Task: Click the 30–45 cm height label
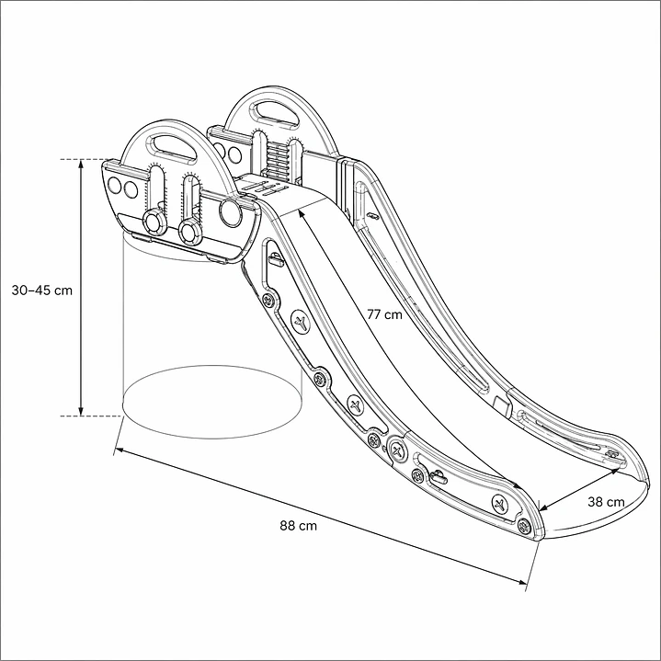click(41, 291)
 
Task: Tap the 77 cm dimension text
click(384, 314)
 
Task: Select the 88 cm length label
click(299, 526)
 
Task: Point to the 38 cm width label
click(605, 502)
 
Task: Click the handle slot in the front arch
click(169, 144)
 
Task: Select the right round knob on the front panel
click(190, 227)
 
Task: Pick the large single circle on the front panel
click(230, 213)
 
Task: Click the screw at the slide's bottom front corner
click(524, 525)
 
